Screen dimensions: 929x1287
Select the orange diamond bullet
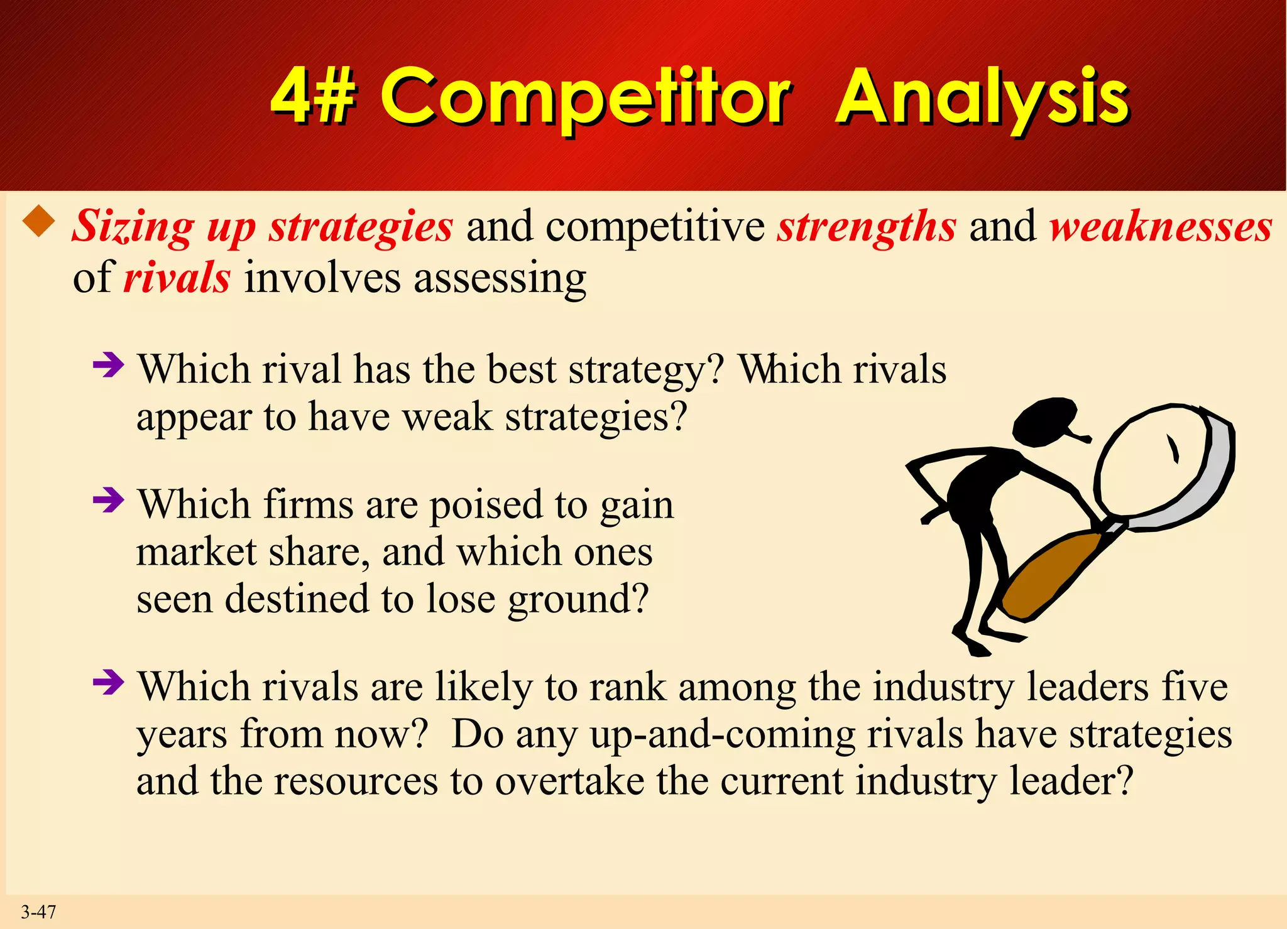[39, 221]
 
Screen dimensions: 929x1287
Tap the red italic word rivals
[177, 278]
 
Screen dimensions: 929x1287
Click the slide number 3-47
[38, 911]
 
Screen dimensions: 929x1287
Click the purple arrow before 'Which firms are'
[108, 500]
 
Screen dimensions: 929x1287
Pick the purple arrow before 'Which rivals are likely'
[108, 682]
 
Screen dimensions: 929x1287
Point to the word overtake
[569, 782]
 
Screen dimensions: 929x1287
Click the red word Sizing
[133, 227]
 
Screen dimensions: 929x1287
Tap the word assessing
[500, 278]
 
